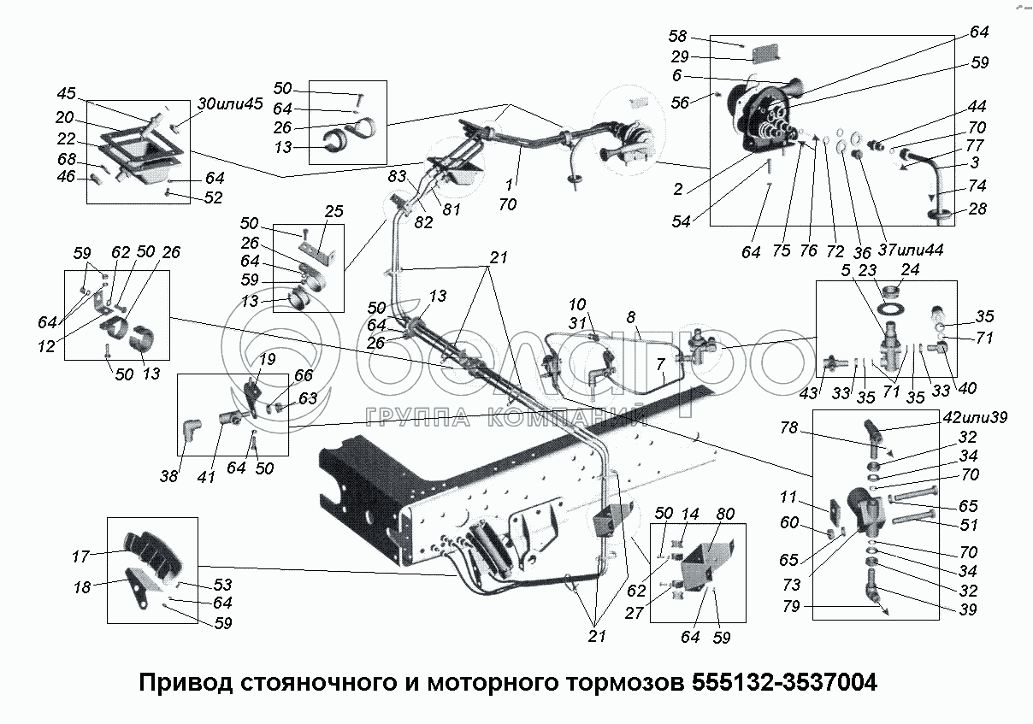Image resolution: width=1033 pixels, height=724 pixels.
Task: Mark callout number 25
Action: [333, 210]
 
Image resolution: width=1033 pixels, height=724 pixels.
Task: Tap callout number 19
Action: [267, 360]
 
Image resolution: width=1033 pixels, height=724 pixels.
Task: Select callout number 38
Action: [169, 476]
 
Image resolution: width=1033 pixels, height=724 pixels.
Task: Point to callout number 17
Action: [80, 556]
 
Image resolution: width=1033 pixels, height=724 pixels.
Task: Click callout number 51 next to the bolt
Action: [968, 526]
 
